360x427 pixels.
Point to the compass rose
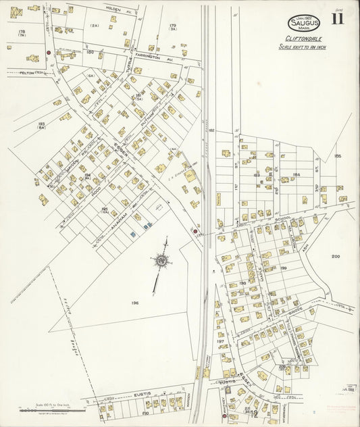pos(161,260)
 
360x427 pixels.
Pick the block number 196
pos(134,303)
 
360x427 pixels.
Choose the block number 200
pos(336,256)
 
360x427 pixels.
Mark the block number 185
pos(337,156)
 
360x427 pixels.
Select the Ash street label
pos(310,245)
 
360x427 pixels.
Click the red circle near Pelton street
pos(49,52)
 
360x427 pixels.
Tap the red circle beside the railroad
pos(195,231)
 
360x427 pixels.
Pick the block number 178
pos(22,32)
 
